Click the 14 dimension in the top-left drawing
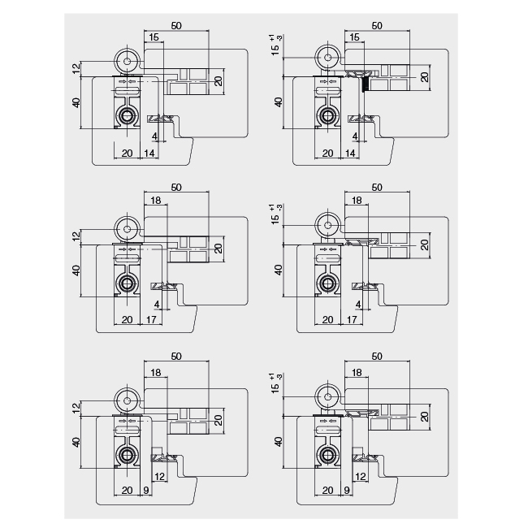pyautogui.click(x=149, y=153)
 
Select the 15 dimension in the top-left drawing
pyautogui.click(x=154, y=37)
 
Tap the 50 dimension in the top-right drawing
pyautogui.click(x=377, y=26)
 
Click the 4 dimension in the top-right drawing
pyautogui.click(x=354, y=136)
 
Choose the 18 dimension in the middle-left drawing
pyautogui.click(x=155, y=199)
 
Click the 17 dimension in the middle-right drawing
pyautogui.click(x=351, y=320)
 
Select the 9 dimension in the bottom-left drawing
pyautogui.click(x=145, y=491)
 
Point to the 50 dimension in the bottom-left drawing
pyautogui.click(x=176, y=357)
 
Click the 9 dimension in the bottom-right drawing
pyautogui.click(x=347, y=491)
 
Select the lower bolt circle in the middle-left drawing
pyautogui.click(x=127, y=283)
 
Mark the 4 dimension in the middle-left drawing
pyautogui.click(x=156, y=304)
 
